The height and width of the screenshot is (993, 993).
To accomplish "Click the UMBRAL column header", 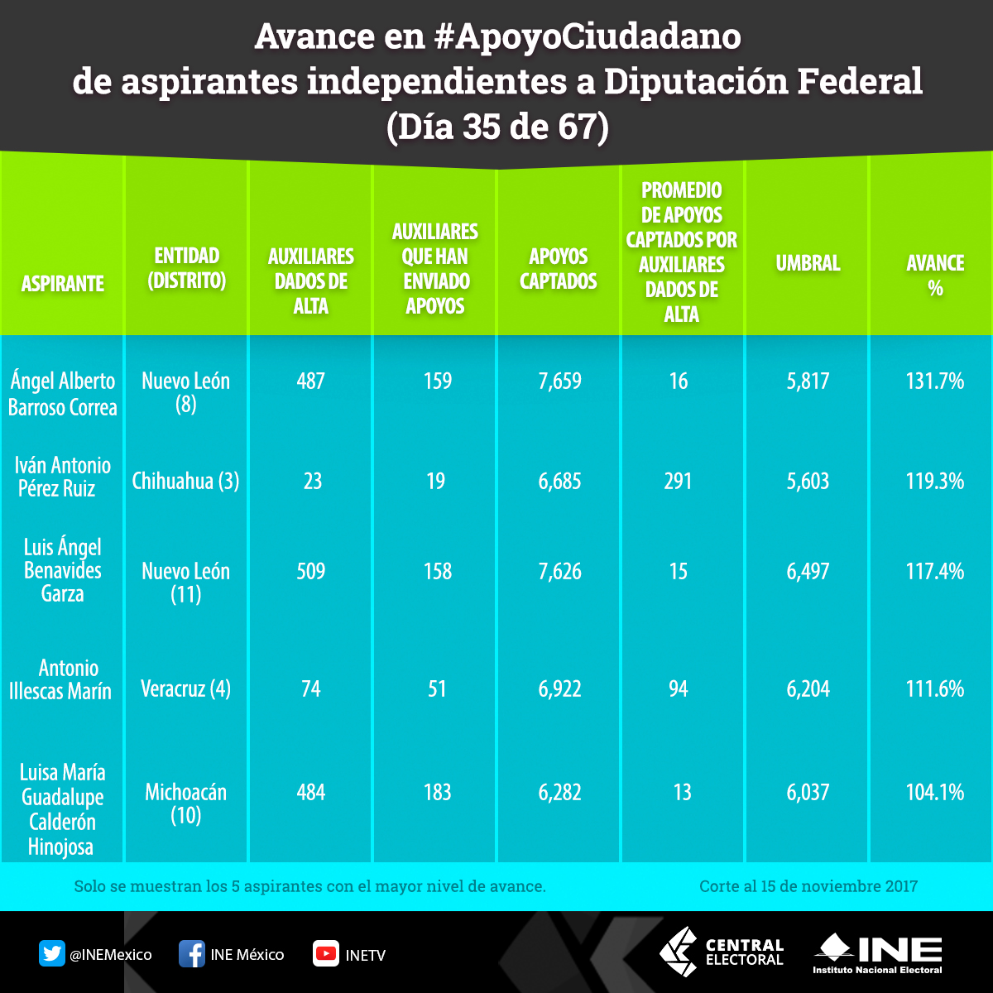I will point(808,264).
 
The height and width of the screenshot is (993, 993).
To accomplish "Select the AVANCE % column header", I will point(935,276).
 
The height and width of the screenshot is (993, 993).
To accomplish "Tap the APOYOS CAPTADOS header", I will point(559,269).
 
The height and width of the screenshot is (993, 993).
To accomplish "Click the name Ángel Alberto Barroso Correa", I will point(63,394).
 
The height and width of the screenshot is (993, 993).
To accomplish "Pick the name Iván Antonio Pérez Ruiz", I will point(62,477).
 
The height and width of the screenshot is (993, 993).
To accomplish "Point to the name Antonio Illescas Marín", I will point(61,679).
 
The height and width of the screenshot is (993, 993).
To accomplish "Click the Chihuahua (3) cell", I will point(185,482).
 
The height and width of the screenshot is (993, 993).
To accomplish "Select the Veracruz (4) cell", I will point(185,688).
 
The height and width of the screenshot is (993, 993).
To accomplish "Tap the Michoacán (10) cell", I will point(185,804).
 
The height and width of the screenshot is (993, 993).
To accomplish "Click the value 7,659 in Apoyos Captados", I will point(560,381).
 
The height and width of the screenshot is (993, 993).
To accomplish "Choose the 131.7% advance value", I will point(935,381).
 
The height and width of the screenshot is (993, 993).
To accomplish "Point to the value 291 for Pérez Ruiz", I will point(678,482).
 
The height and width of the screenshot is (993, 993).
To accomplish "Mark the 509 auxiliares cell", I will point(310,571).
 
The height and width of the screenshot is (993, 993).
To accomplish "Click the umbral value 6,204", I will point(808,688).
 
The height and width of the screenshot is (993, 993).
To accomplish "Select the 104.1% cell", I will point(935,793).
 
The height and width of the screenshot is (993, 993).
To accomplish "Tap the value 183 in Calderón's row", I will point(436,793).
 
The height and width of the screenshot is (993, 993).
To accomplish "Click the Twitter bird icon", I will point(52,954).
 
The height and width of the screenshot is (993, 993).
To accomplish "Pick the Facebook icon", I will point(192,954).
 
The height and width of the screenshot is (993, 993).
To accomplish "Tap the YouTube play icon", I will point(326,954).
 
